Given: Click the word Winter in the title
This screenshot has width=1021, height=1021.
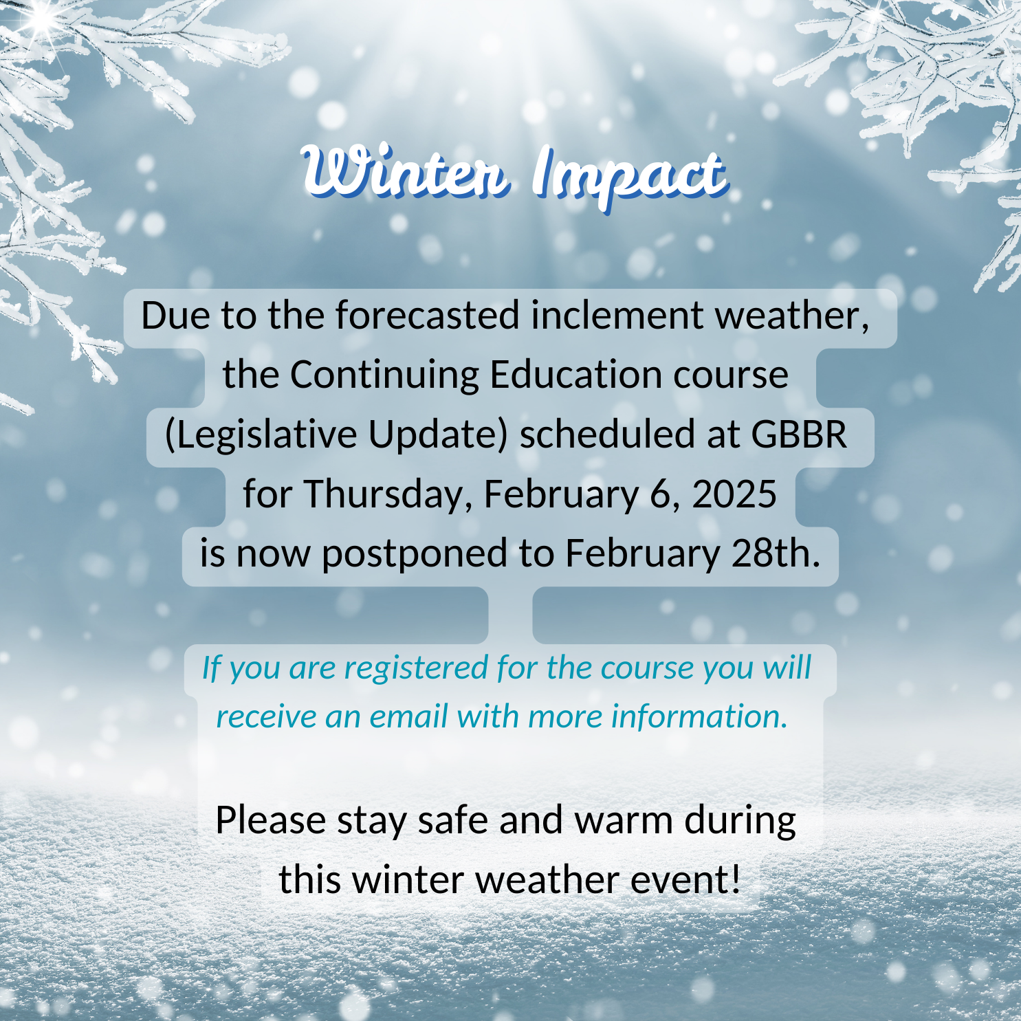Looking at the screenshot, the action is click(406, 171).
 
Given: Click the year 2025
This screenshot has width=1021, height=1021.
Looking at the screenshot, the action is click(734, 494).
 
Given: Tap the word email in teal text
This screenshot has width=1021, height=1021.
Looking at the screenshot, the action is click(409, 716).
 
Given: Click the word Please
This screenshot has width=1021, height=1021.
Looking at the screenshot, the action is click(271, 821).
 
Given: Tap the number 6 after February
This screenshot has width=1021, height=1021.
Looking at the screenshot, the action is click(660, 494).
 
